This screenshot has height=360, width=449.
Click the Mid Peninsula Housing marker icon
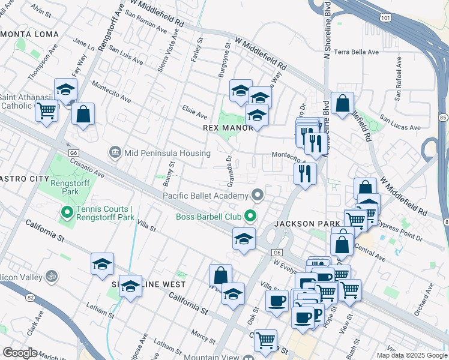[x=115, y=153]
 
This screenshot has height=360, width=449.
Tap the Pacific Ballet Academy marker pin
[x=258, y=195]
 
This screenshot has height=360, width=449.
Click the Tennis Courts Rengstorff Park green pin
[x=67, y=212]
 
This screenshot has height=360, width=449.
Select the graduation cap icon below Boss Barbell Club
[x=244, y=238]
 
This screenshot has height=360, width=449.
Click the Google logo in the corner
[x=20, y=353]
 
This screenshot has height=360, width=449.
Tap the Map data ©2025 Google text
[x=412, y=355]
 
